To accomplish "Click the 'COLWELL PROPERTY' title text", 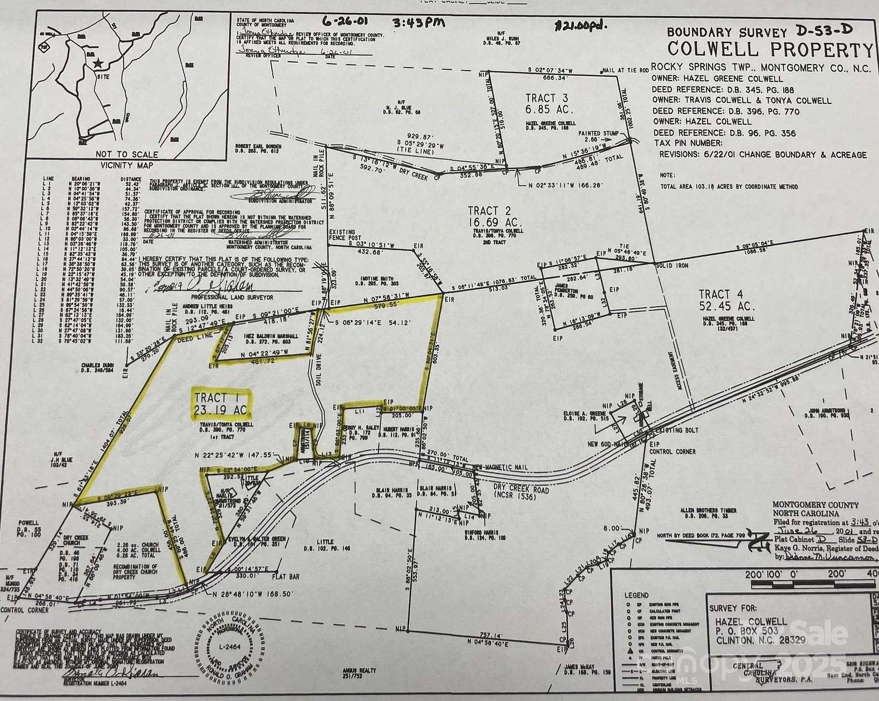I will [x=770, y=49].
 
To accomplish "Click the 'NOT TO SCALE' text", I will [x=127, y=154].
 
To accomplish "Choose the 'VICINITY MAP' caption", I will [x=127, y=165].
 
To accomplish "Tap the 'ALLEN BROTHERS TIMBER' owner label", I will [x=708, y=510].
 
